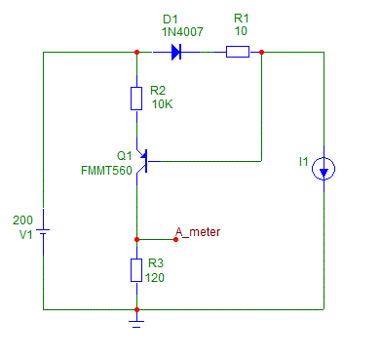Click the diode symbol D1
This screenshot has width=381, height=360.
[x=175, y=52]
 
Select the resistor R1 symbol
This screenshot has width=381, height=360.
[x=238, y=52]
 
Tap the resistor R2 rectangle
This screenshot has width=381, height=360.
[x=136, y=99]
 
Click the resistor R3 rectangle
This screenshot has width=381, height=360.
[x=136, y=270]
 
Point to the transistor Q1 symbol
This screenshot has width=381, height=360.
[x=144, y=161]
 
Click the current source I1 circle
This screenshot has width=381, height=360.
[x=324, y=169]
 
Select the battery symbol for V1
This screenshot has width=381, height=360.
[x=43, y=231]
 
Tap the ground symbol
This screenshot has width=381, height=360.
[x=136, y=324]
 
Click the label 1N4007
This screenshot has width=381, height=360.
[x=182, y=32]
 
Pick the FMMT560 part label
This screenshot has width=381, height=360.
[x=106, y=171]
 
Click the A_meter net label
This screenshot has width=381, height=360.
[x=198, y=232]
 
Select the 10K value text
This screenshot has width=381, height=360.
[x=162, y=104]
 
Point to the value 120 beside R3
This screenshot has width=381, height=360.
[x=155, y=278]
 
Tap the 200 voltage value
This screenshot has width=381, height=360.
[x=22, y=220]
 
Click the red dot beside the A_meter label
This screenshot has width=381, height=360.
[x=176, y=240]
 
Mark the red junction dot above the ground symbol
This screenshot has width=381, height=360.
[x=136, y=309]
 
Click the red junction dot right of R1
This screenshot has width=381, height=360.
[x=262, y=52]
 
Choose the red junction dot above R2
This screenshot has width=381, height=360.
[x=136, y=52]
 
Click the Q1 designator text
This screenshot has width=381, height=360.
[x=125, y=156]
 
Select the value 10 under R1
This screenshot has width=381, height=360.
[x=241, y=31]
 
